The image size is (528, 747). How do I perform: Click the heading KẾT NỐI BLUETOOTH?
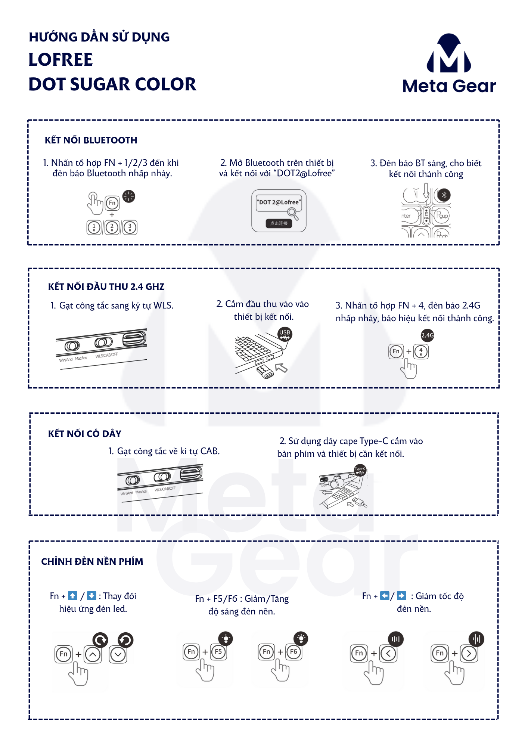pyautogui.click(x=91, y=140)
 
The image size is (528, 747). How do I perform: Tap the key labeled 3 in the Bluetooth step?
pyautogui.click(x=130, y=227)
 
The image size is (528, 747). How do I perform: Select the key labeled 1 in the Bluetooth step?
pyautogui.click(x=94, y=227)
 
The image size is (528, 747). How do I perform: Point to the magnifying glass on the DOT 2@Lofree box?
pyautogui.click(x=292, y=213)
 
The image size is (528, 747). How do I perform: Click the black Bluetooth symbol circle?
pyautogui.click(x=444, y=195)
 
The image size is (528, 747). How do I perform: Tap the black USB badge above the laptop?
pyautogui.click(x=285, y=334)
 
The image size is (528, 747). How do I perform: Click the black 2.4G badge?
pyautogui.click(x=427, y=335)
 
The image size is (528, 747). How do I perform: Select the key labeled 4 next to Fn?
pyautogui.click(x=421, y=351)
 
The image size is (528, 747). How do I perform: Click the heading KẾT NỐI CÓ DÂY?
pyautogui.click(x=85, y=434)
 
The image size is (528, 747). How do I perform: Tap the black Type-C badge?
pyautogui.click(x=360, y=470)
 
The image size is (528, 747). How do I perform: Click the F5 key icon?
pyautogui.click(x=218, y=652)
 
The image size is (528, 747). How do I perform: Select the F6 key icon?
pyautogui.click(x=293, y=652)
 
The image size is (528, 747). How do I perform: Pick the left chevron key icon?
pyautogui.click(x=388, y=654)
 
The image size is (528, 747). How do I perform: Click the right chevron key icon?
pyautogui.click(x=469, y=654)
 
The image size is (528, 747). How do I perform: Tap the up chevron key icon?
pyautogui.click(x=93, y=654)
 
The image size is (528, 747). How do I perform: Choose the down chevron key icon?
pyautogui.click(x=118, y=654)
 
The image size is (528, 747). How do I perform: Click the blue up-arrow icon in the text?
pyautogui.click(x=73, y=596)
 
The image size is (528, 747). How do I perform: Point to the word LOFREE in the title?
pyautogui.click(x=61, y=60)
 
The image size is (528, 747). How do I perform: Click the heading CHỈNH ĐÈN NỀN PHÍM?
pyautogui.click(x=92, y=562)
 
